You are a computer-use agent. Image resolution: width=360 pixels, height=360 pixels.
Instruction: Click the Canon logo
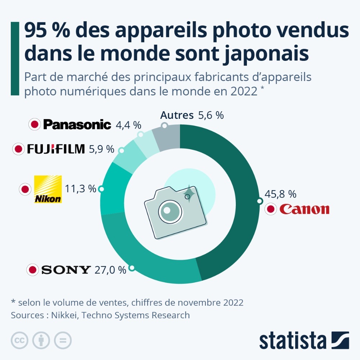304,209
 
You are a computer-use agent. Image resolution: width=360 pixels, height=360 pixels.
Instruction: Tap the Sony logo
66,270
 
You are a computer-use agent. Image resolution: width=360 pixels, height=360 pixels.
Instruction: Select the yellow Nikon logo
48,189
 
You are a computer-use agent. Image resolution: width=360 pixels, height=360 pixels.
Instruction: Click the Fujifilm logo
55,149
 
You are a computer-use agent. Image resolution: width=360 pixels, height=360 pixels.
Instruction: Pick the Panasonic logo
77,125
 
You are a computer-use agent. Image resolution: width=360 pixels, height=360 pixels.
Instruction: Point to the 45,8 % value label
280,194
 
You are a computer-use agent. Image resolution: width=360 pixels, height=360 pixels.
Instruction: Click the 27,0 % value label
110,270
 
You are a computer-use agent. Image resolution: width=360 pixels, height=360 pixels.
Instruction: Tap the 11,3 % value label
80,188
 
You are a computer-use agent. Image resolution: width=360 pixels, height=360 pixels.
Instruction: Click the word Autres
177,115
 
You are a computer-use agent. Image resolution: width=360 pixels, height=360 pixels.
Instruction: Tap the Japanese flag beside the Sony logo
33,270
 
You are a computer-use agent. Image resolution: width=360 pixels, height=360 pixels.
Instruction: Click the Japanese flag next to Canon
271,209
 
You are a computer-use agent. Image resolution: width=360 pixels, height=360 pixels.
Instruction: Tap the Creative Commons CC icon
20,340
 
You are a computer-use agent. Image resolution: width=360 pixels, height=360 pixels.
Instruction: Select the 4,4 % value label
128,125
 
